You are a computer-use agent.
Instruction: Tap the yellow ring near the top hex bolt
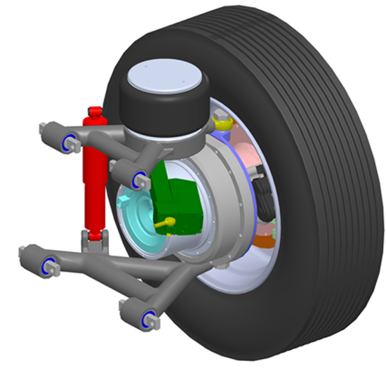[224, 125]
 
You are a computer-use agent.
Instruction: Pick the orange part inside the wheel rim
[263, 241]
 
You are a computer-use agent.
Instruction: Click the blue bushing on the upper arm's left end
[70, 143]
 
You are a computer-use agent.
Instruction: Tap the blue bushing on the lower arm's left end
[48, 266]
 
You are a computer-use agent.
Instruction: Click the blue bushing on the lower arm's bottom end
[148, 321]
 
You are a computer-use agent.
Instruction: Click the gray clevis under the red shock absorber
[93, 242]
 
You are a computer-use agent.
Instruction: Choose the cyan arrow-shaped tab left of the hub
[124, 202]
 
